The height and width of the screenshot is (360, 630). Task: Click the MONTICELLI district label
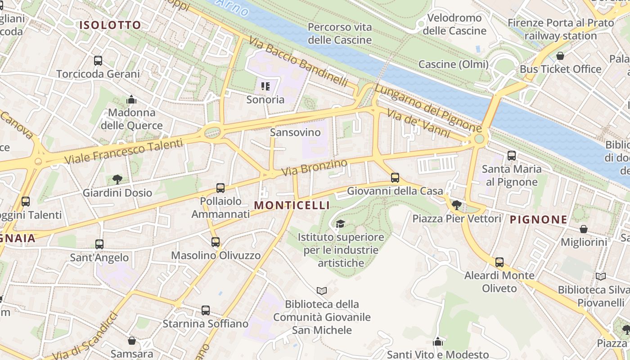(x=292, y=205)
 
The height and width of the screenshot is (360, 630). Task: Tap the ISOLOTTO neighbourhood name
(x=110, y=25)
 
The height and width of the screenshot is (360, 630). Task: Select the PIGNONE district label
(x=538, y=220)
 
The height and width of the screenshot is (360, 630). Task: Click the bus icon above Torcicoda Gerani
(x=98, y=61)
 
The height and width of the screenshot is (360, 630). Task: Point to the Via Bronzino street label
(x=315, y=167)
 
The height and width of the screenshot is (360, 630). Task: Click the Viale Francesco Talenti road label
(x=124, y=152)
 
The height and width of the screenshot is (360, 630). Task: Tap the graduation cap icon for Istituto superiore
(x=341, y=224)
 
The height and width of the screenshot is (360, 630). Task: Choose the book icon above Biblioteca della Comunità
(x=321, y=291)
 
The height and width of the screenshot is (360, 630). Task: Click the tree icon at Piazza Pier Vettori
(x=456, y=205)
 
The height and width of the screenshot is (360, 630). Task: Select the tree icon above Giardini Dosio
(x=117, y=180)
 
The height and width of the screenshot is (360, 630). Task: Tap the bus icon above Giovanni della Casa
(x=395, y=178)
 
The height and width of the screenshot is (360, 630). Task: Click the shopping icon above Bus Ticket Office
(x=560, y=56)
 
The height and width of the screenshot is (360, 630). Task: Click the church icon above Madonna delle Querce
(x=131, y=99)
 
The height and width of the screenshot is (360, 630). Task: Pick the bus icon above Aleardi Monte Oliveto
(x=499, y=262)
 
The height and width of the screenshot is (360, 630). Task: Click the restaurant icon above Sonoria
(x=265, y=86)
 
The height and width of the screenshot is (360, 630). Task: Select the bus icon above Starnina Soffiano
(x=205, y=310)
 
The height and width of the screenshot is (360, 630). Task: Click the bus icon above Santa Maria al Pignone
(x=512, y=156)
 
